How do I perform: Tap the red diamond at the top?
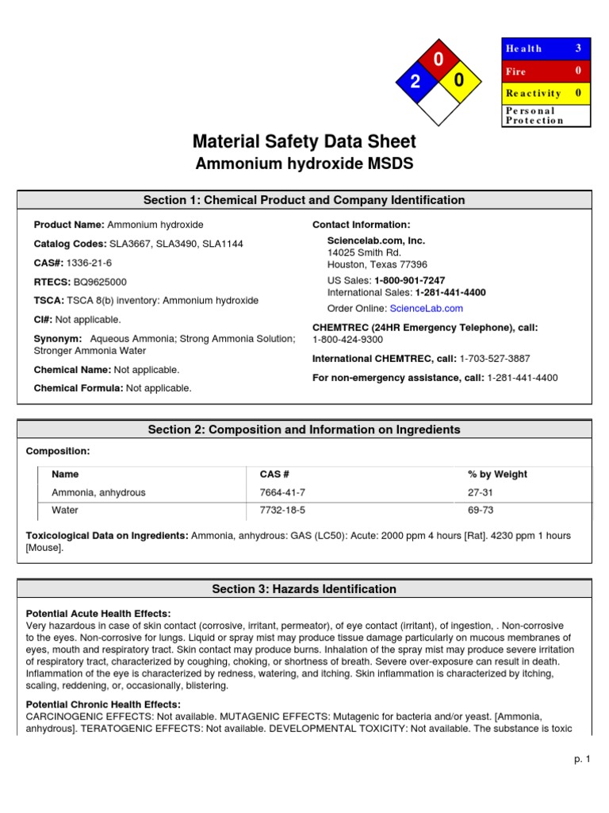(x=439, y=59)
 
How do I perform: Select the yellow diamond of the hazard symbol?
(x=460, y=81)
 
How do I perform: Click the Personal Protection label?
(x=534, y=116)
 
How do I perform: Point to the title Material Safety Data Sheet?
(x=304, y=142)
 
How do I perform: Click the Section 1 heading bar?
(x=304, y=200)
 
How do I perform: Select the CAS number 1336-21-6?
(x=90, y=263)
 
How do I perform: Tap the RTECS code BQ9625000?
(x=99, y=282)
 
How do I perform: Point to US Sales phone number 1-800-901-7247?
(x=409, y=281)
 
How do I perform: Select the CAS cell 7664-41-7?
(x=282, y=492)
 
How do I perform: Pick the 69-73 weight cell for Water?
(x=481, y=511)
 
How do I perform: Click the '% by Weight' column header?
(x=497, y=474)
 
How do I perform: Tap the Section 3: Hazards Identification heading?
(x=304, y=589)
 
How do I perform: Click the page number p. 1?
(x=583, y=760)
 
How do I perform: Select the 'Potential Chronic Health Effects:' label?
(x=103, y=704)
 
